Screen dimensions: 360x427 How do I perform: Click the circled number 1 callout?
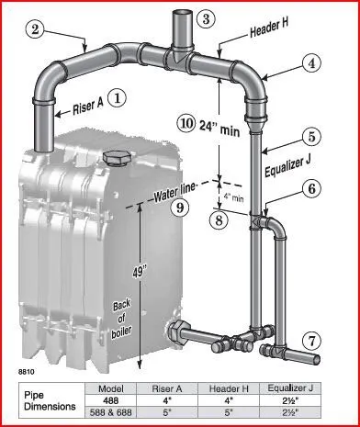(116, 98)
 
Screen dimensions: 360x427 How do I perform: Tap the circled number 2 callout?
(36, 31)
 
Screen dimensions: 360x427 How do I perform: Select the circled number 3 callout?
(207, 18)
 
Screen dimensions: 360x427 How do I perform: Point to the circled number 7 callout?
(312, 342)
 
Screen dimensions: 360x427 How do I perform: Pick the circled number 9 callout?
(180, 208)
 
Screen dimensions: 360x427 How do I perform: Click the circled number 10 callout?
(186, 124)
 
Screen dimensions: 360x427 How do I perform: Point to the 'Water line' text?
(174, 192)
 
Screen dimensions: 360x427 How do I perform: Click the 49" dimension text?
(139, 271)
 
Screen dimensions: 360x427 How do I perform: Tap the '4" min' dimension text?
(233, 197)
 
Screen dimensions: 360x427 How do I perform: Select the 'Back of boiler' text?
(121, 320)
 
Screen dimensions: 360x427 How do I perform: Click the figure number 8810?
(27, 373)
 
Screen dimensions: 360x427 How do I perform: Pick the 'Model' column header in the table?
(111, 388)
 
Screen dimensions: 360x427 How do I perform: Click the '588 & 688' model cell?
(110, 412)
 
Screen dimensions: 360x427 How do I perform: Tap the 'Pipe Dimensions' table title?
(50, 400)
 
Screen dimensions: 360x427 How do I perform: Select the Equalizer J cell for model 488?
(290, 400)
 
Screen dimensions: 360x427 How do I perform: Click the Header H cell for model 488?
(229, 400)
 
